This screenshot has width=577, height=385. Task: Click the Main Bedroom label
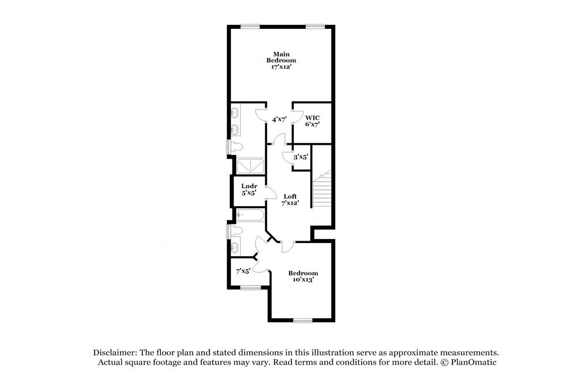[281, 57]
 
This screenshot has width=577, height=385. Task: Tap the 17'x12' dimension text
[281, 67]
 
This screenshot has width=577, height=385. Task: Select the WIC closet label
[312, 117]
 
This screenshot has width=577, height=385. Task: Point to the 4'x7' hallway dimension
[280, 119]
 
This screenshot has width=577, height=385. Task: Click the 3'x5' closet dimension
[301, 156]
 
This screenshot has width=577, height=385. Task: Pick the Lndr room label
[249, 186]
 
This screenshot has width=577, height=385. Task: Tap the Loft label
[290, 196]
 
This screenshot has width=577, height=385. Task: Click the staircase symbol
[322, 190]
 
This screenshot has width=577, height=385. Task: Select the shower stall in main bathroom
[249, 166]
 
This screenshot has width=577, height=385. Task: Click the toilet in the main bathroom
[235, 147]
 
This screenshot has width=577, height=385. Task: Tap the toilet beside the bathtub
[235, 231]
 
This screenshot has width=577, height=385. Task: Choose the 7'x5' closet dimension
[243, 271]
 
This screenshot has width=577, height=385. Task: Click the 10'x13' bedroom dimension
[303, 280]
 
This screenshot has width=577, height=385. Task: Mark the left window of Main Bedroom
[250, 25]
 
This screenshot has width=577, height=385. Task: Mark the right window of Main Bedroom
[315, 25]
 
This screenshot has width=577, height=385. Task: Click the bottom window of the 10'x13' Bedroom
[302, 320]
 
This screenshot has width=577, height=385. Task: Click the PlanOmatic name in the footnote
[473, 362]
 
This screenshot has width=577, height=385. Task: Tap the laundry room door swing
[270, 195]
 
